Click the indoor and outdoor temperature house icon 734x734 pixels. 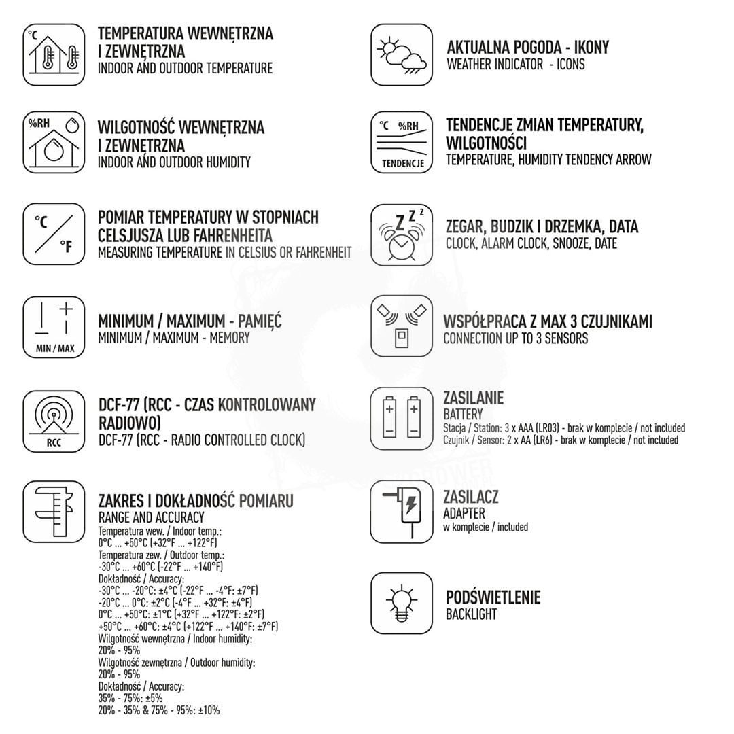coord(54,54)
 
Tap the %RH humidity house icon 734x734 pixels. coord(54,141)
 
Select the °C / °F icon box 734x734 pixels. coord(54,233)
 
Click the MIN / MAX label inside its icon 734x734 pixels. coord(55,349)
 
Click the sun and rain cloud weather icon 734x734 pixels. coord(402,55)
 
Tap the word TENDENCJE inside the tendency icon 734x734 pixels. coord(402,163)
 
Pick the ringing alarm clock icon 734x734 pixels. coord(402,234)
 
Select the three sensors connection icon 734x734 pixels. coord(402,326)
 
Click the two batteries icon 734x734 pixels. coord(402,417)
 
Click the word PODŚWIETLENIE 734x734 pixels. coord(493,598)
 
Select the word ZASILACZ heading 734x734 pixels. coord(470,497)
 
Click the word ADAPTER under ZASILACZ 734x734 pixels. coord(464,513)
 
